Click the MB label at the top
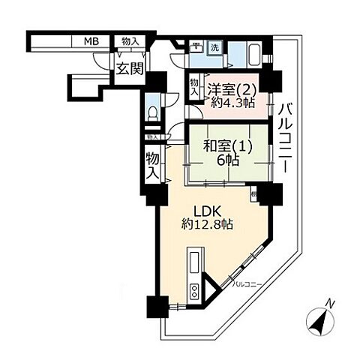(x=91, y=42)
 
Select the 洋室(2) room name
(x=231, y=88)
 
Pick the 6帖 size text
(x=227, y=161)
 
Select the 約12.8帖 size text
(x=206, y=223)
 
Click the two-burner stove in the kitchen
(x=195, y=292)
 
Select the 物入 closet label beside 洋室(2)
(x=193, y=88)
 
